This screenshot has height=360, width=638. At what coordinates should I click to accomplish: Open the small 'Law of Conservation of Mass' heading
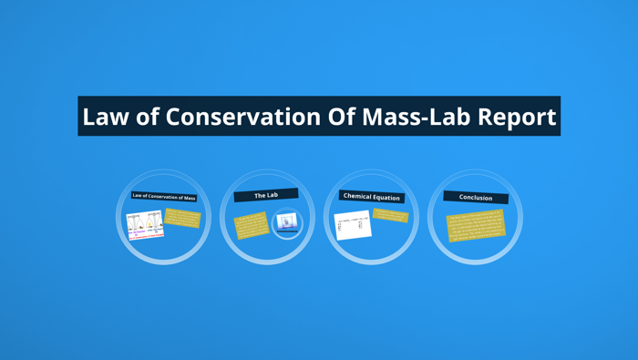(164, 197)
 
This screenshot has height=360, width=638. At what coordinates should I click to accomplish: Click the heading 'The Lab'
(266, 195)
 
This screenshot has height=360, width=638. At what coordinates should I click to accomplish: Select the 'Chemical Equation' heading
(372, 196)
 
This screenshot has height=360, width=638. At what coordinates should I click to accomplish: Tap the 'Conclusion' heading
(476, 197)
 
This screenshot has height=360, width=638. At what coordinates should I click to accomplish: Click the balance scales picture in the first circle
(145, 225)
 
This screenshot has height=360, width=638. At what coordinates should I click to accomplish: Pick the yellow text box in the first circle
(182, 220)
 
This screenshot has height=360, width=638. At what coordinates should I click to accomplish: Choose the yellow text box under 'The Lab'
(251, 224)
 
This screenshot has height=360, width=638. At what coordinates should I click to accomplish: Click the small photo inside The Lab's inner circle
(287, 222)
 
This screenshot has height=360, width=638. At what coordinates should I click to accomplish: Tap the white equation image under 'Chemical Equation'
(353, 225)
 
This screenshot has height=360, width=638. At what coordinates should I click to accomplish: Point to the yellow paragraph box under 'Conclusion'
(476, 226)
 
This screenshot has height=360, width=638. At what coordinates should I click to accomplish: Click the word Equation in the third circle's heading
(386, 197)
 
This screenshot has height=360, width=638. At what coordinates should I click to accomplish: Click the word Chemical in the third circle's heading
(357, 196)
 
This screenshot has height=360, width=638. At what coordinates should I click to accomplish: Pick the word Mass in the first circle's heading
(189, 198)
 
